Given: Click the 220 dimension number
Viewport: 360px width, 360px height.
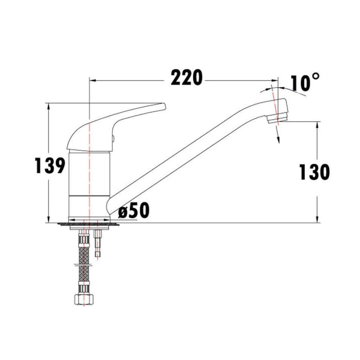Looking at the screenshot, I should click(186, 78).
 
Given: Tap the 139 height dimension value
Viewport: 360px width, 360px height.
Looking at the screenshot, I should click(49, 165).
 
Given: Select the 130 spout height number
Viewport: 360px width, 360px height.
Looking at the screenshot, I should click(314, 172).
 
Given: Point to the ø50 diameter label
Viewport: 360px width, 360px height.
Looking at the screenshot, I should click(134, 210).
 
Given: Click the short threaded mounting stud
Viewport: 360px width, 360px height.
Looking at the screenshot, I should click(99, 244).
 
